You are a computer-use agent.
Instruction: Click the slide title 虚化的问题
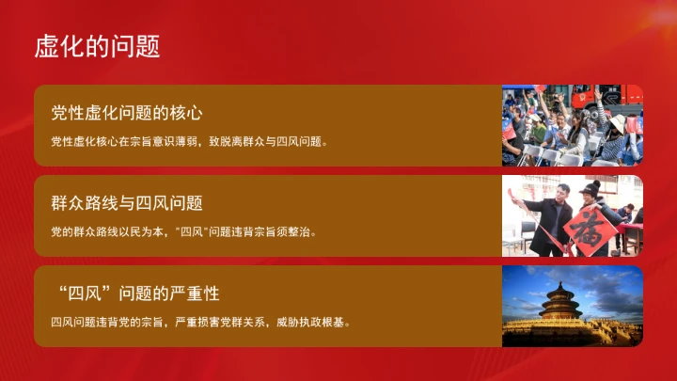(x=97, y=45)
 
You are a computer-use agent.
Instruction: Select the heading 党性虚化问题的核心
(x=127, y=113)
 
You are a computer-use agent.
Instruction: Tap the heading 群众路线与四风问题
(x=127, y=202)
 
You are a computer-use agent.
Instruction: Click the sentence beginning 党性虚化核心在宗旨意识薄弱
(x=188, y=142)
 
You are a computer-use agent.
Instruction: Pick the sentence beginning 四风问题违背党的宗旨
(x=201, y=322)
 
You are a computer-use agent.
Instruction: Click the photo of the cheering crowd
(x=573, y=125)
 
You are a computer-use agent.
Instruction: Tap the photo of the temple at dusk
(x=573, y=306)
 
